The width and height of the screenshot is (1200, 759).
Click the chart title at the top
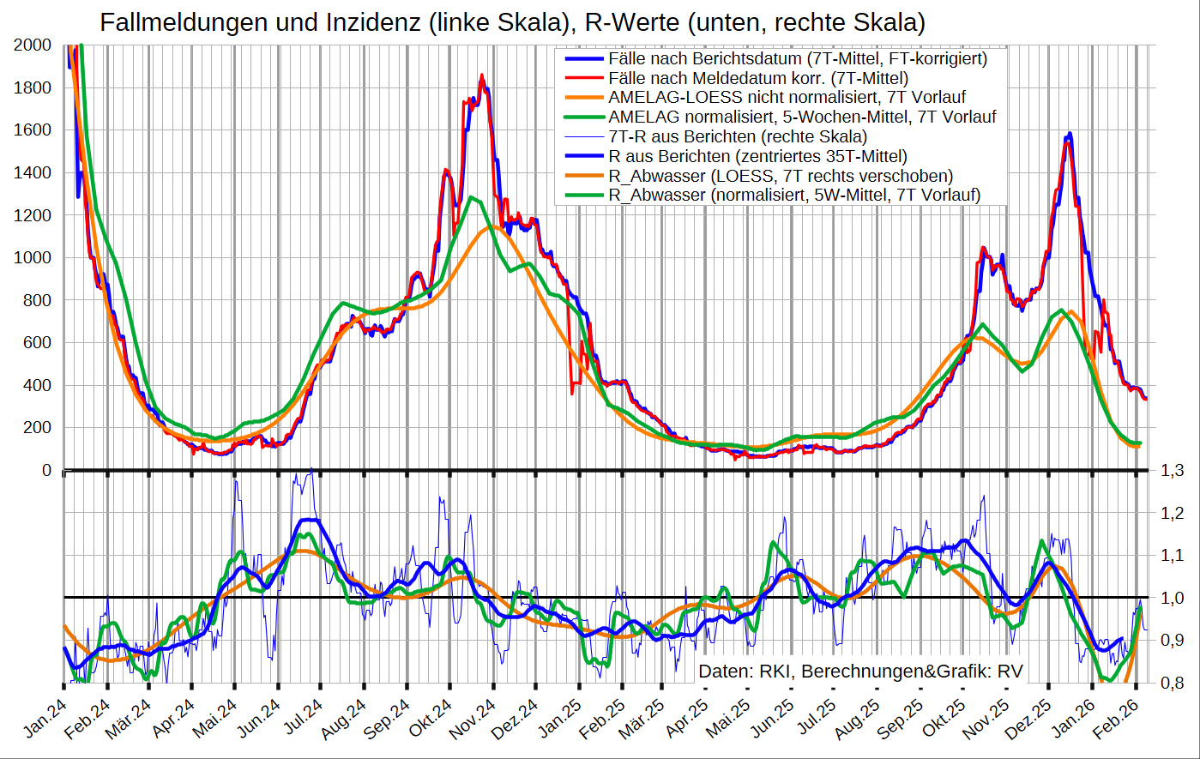click(x=512, y=21)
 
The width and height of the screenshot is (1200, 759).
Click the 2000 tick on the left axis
click(x=33, y=45)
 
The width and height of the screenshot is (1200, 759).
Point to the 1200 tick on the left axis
click(x=33, y=215)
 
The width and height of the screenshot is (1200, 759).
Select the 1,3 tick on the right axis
click(x=1173, y=471)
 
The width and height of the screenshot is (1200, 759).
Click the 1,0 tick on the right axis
click(x=1173, y=598)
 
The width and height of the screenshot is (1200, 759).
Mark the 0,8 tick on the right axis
click(x=1173, y=683)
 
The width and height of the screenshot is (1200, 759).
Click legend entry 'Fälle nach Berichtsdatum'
click(x=798, y=59)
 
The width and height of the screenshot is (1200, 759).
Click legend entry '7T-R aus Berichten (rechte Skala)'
click(x=737, y=136)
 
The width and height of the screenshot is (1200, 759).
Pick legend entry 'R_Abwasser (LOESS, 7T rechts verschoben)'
click(x=781, y=176)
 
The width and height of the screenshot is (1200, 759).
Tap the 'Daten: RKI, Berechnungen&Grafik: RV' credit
click(x=860, y=671)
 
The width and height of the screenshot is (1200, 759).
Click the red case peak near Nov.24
click(x=482, y=76)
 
